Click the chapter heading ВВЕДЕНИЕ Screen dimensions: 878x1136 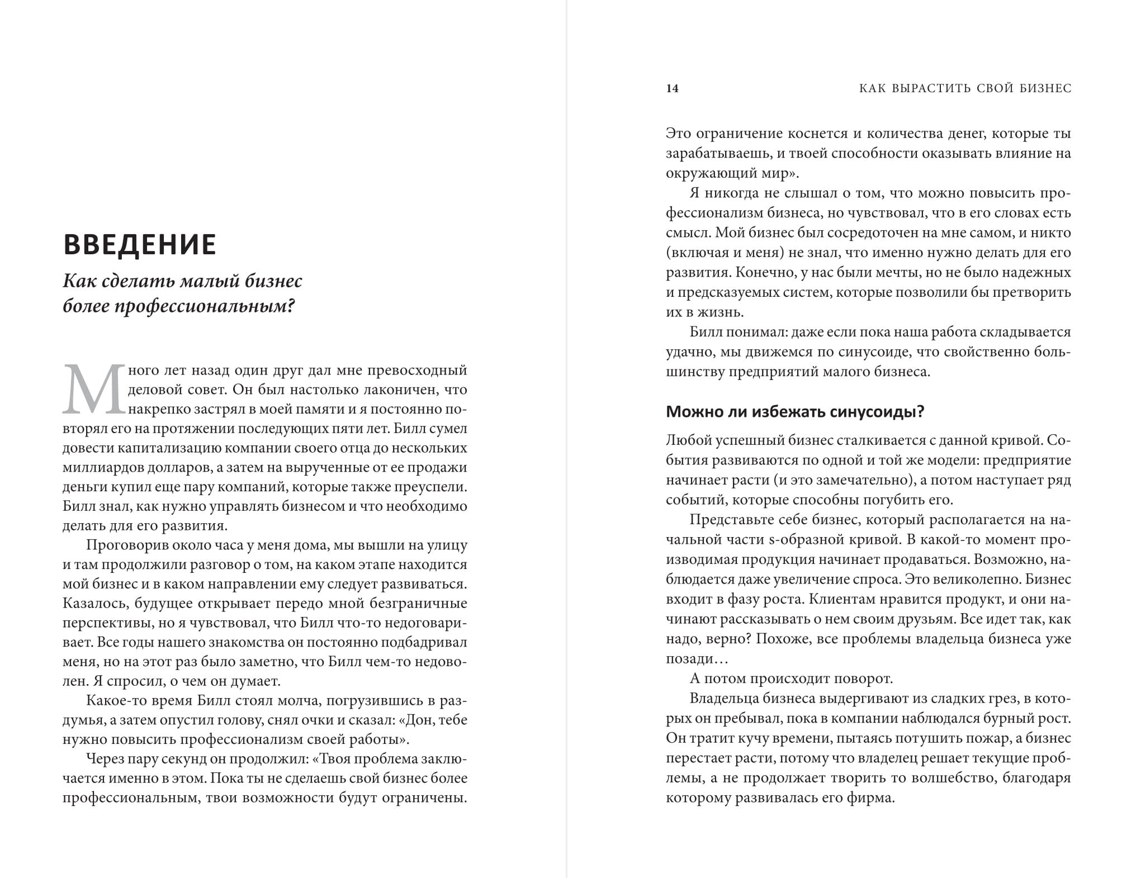point(140,245)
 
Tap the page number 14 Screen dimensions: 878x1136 point(672,88)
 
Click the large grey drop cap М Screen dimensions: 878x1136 point(94,390)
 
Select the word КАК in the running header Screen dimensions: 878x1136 point(873,88)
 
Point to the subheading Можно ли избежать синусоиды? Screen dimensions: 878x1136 point(795,412)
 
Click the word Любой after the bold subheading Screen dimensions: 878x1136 point(684,440)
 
